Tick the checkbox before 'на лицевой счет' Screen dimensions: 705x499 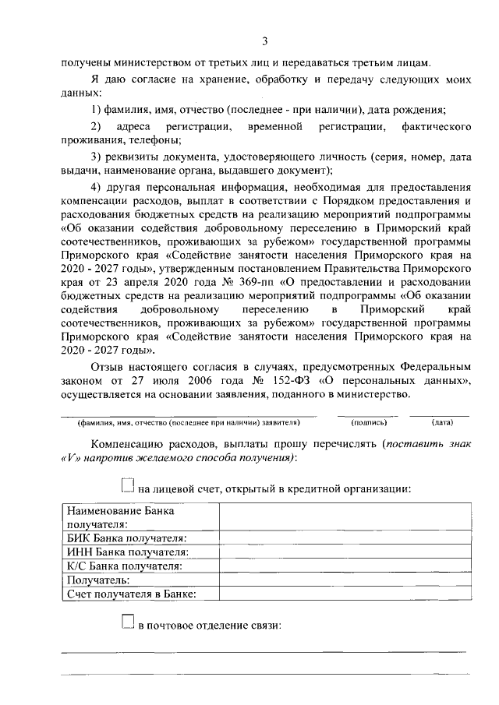tap(129, 486)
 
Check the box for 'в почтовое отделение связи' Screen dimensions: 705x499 tap(129, 623)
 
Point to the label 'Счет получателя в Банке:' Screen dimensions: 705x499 tap(131, 594)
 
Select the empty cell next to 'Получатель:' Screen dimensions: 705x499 tap(344, 580)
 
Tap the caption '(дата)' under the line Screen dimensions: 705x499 tap(442, 423)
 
